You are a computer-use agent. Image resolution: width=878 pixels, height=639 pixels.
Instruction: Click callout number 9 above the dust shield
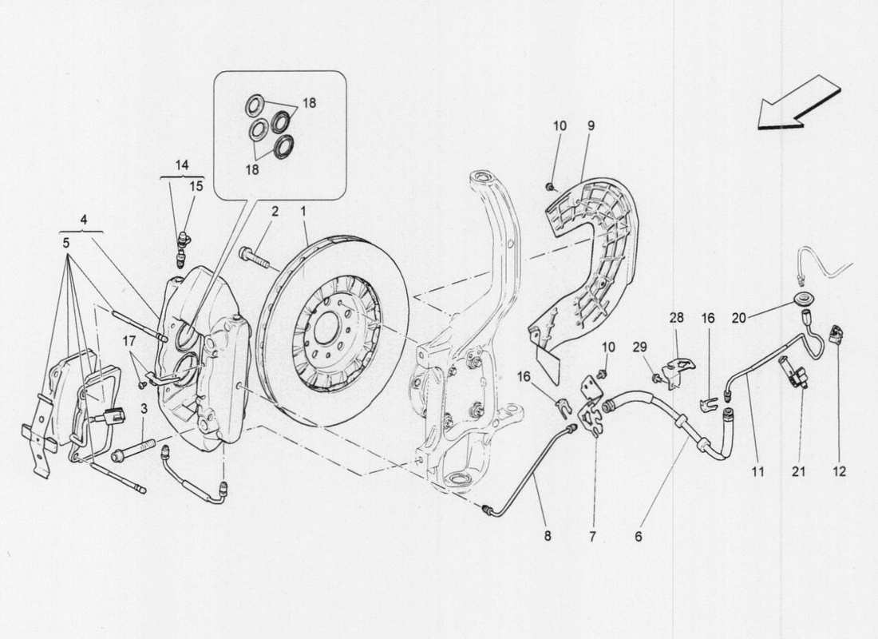(x=591, y=125)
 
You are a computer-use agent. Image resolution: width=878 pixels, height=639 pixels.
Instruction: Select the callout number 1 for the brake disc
(x=303, y=212)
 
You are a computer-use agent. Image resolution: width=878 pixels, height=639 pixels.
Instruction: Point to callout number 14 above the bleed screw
(x=182, y=165)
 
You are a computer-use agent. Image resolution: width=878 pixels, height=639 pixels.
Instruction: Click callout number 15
(x=196, y=186)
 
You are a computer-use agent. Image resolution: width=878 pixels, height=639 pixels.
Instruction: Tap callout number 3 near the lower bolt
(x=144, y=409)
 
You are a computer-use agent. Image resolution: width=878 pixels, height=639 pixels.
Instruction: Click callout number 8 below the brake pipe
(x=548, y=538)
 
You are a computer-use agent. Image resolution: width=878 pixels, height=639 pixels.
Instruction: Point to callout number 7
(x=593, y=538)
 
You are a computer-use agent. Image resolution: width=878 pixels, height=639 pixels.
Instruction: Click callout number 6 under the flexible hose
(x=639, y=538)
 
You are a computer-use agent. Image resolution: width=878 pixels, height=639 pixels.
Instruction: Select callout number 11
(x=757, y=472)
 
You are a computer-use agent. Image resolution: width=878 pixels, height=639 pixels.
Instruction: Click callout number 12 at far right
(x=839, y=472)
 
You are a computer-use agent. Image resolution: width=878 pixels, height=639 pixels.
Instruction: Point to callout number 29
(x=639, y=347)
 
